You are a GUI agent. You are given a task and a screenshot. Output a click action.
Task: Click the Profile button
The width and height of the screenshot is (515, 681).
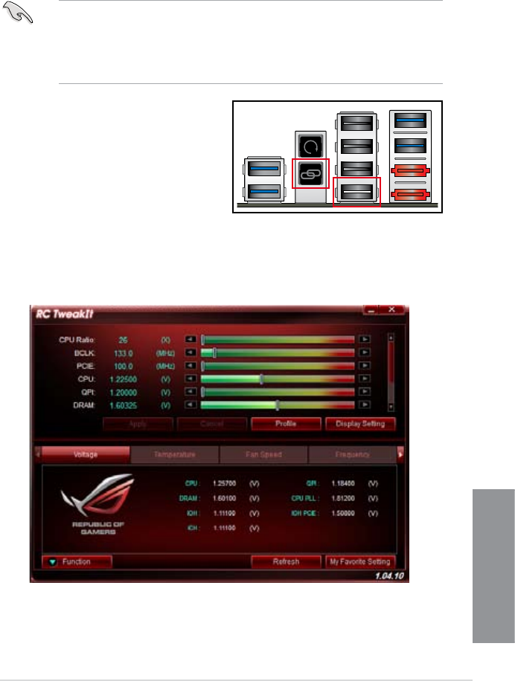pyautogui.click(x=286, y=424)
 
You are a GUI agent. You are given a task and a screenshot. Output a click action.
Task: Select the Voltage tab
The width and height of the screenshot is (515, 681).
pyautogui.click(x=85, y=454)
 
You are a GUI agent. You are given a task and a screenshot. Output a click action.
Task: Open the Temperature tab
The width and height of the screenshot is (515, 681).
pyautogui.click(x=175, y=454)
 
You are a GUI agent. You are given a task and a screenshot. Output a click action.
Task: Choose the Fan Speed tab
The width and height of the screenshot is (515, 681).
pyautogui.click(x=263, y=454)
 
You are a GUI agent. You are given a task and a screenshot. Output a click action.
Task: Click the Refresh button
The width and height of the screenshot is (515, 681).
pyautogui.click(x=286, y=562)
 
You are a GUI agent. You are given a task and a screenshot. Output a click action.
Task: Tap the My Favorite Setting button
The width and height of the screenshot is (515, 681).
pyautogui.click(x=359, y=562)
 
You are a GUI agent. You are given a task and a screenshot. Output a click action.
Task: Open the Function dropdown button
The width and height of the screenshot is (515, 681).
pyautogui.click(x=77, y=562)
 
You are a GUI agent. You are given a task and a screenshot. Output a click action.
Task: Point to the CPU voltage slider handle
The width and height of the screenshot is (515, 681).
pyautogui.click(x=261, y=378)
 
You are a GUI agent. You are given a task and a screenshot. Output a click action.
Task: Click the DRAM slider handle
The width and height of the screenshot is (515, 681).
pyautogui.click(x=277, y=405)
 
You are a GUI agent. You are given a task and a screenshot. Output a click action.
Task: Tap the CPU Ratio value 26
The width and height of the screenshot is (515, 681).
pyautogui.click(x=123, y=339)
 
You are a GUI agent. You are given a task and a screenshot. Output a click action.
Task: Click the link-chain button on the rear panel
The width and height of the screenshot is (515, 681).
pyautogui.click(x=310, y=173)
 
